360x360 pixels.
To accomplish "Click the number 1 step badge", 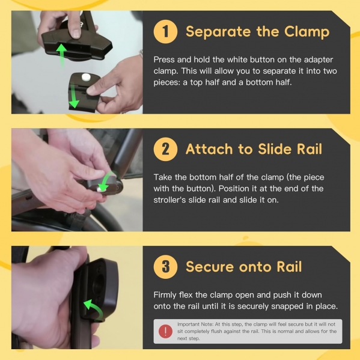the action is point(165,31).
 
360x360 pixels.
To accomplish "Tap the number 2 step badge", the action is point(165,149).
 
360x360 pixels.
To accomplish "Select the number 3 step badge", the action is point(165,267).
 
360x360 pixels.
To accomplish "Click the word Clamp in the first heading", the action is point(307,32).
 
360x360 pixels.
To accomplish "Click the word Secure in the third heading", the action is point(210,267).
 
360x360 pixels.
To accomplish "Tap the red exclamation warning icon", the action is point(165,331).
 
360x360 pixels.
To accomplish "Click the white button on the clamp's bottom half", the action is point(86,78).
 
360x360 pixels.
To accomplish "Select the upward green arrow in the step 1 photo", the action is point(61,56).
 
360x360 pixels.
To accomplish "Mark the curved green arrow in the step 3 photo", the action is point(94,310).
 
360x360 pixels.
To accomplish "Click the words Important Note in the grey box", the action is point(195,324).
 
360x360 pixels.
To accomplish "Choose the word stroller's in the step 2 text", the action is point(169,200).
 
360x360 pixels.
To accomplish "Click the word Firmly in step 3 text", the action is point(164,295).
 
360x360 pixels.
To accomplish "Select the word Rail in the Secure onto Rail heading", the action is point(289,267).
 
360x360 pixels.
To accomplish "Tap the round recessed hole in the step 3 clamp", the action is point(99,284).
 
